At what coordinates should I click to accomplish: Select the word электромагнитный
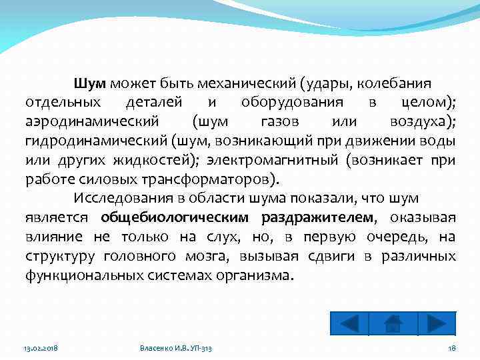tap(273, 161)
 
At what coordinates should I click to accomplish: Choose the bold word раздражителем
tap(317, 218)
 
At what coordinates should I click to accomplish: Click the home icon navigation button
tap(393, 323)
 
